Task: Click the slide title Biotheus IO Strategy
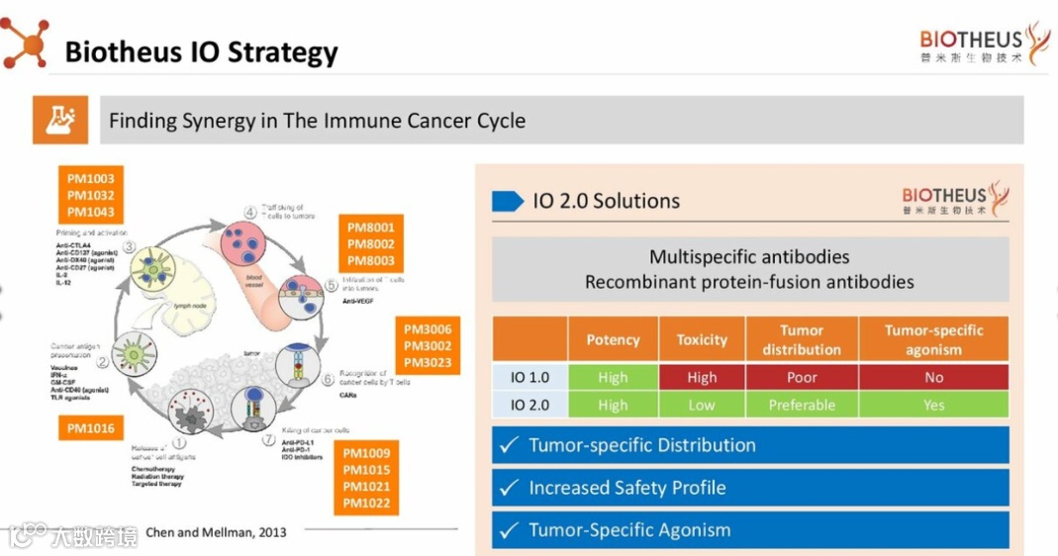[x=201, y=50]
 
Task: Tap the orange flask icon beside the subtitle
[x=59, y=120]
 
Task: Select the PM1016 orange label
[x=91, y=428]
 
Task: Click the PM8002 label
[x=371, y=243]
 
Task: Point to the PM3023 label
[x=428, y=363]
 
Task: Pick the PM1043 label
[x=91, y=212]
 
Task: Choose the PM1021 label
[x=367, y=487]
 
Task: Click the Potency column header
[x=613, y=339]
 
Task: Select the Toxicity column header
[x=702, y=339]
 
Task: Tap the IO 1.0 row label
[x=531, y=377]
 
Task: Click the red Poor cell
[x=802, y=377]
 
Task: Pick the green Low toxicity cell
[x=702, y=405]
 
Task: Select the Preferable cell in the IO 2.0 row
[x=802, y=405]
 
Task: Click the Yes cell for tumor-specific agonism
[x=933, y=405]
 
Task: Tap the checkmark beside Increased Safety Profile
[x=510, y=488]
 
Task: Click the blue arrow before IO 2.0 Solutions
[x=508, y=201]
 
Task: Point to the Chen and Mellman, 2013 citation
[x=216, y=532]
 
